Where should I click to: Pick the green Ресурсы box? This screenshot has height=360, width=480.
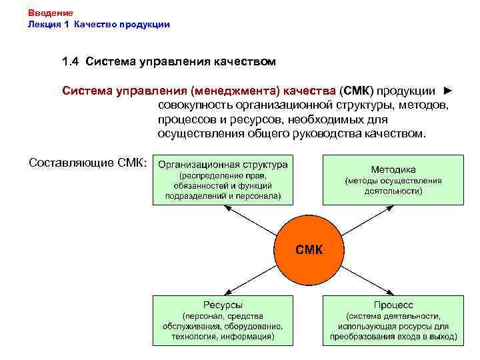click(223, 320)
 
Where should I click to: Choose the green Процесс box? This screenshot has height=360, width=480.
click(393, 320)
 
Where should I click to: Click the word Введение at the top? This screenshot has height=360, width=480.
click(51, 13)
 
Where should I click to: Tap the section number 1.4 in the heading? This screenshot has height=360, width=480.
click(71, 62)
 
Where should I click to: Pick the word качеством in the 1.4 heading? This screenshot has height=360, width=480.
click(244, 62)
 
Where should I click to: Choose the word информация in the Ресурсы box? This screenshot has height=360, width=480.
click(247, 337)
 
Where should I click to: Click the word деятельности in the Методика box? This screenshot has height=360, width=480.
click(393, 191)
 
